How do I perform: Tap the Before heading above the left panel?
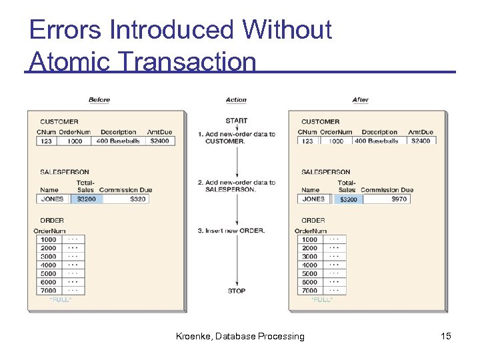[x=99, y=100]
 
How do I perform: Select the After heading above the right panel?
[x=360, y=100]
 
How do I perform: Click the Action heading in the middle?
[x=236, y=100]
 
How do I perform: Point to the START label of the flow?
[x=237, y=121]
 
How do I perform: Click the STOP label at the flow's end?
[x=237, y=291]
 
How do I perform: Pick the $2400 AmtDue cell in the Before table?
[x=159, y=141]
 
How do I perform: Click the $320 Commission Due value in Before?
[x=137, y=199]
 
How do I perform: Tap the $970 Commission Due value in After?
[x=399, y=199]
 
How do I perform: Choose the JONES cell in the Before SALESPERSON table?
[x=52, y=199]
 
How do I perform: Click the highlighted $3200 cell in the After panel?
[x=349, y=199]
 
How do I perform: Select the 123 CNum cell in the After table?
[x=307, y=141]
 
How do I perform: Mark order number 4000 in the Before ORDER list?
[x=49, y=265]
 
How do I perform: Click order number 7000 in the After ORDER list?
[x=309, y=291]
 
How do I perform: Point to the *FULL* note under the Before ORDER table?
[x=61, y=300]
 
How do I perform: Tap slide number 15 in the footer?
[x=446, y=336]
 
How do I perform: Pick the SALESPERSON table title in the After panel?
[x=325, y=172]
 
